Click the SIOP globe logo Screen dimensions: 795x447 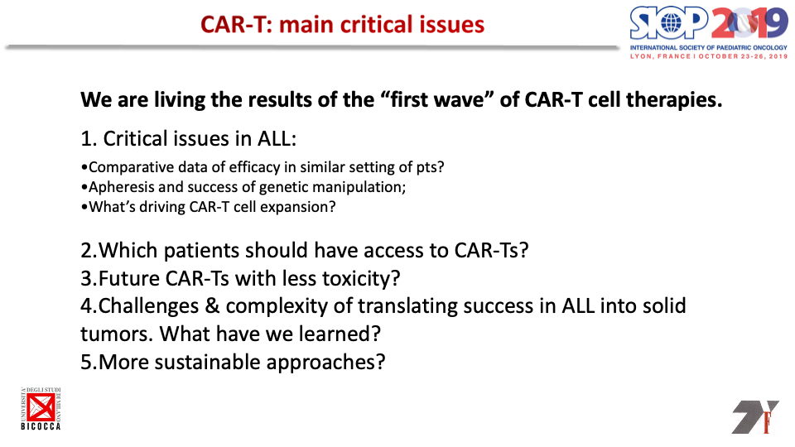669,23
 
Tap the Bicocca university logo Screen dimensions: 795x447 41,408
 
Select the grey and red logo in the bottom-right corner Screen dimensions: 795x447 755,416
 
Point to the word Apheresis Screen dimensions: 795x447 122,188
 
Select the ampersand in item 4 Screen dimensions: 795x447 212,306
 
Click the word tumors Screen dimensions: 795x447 117,334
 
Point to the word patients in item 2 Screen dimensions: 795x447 201,251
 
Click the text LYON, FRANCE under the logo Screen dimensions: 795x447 660,56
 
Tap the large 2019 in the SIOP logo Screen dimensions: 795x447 749,23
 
